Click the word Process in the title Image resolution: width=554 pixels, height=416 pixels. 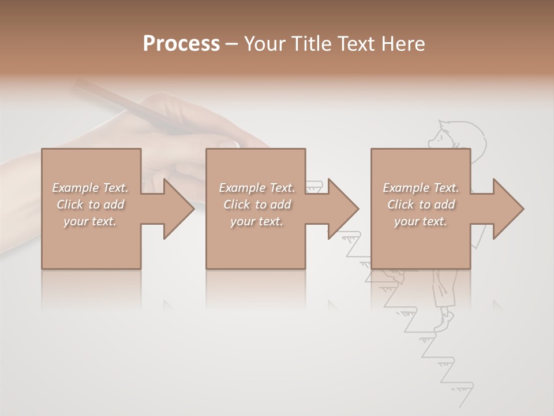181,44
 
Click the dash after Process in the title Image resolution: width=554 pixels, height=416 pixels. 232,44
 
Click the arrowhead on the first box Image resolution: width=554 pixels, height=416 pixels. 178,209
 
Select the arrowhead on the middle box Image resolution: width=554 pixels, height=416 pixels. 343,209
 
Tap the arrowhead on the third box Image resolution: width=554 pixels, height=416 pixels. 508,209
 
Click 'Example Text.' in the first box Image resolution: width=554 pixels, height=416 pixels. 91,188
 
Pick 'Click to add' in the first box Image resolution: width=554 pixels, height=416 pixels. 91,205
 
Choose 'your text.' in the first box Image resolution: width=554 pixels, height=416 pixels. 91,221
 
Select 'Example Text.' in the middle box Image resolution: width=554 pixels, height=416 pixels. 257,188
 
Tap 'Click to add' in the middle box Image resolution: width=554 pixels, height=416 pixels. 257,205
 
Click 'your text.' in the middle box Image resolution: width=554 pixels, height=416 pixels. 257,221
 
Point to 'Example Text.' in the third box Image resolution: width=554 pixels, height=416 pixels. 421,188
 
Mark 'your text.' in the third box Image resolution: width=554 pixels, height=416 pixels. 421,221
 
